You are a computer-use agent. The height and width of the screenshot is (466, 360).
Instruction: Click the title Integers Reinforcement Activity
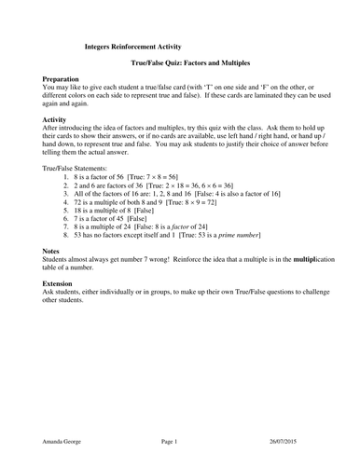[x=133, y=45]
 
